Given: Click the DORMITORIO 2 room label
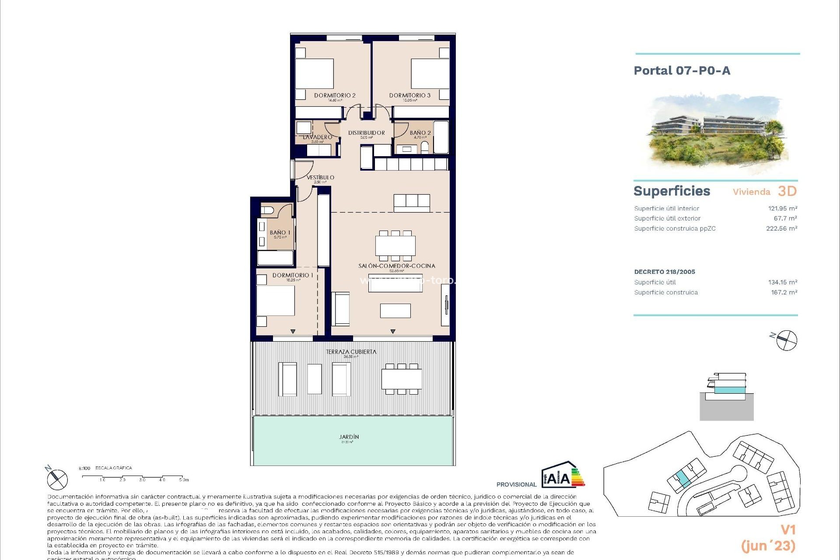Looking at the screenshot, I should pos(335,95).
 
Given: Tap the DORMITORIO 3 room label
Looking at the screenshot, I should pos(409,95).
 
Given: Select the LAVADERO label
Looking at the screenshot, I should pos(317,137).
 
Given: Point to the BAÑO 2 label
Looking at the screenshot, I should pos(420,133).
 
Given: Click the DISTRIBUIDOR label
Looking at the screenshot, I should pos(366,133).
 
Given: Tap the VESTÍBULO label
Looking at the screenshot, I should pos(320,177).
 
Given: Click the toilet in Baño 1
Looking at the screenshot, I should pos(267,210).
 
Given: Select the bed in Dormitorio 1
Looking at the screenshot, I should pos(275,300).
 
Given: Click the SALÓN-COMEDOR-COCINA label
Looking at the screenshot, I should pos(396,266).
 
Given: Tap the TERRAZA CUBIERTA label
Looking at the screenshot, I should pos(351,351).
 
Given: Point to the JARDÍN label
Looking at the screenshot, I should pos(349,437).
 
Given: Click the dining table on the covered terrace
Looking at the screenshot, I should pos(401,378).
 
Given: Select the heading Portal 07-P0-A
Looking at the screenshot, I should pos(682,70).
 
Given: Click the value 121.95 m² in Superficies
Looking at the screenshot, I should pos(782,208).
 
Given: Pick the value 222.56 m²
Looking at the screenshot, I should pos(781,228).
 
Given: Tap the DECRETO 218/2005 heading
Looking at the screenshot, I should pos(664,272).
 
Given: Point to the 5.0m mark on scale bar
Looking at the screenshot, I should pos(183,480).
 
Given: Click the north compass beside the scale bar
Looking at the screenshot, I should pos(57,479).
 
